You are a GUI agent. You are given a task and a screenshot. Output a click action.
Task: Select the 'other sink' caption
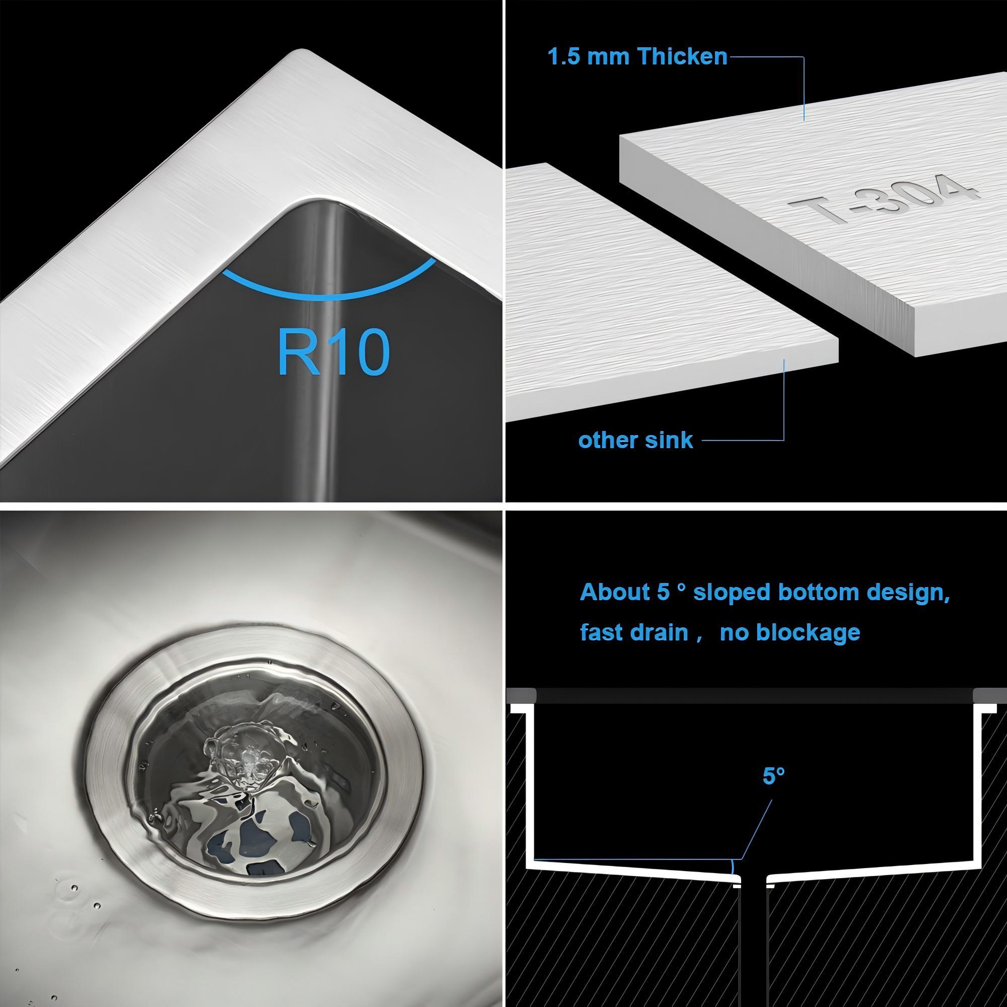[x=635, y=441]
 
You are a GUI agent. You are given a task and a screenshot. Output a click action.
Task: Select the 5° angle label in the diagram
[x=773, y=790]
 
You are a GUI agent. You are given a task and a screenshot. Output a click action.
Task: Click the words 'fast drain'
[x=634, y=633]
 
